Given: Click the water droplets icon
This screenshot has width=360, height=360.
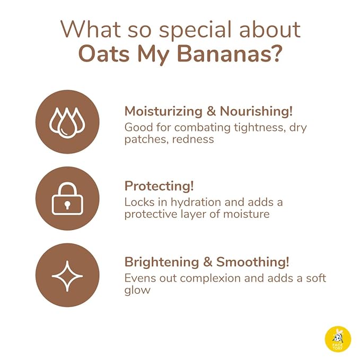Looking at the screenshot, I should pos(67,122).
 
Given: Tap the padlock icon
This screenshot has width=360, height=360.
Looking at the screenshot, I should pos(67,199).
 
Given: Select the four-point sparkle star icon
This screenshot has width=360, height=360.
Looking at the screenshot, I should pos(67,275).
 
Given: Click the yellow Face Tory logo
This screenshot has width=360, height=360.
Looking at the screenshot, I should pos(338,338).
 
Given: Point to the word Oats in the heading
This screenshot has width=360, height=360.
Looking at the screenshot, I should pos(101,54).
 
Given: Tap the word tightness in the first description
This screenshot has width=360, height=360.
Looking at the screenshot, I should pos(255,127).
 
